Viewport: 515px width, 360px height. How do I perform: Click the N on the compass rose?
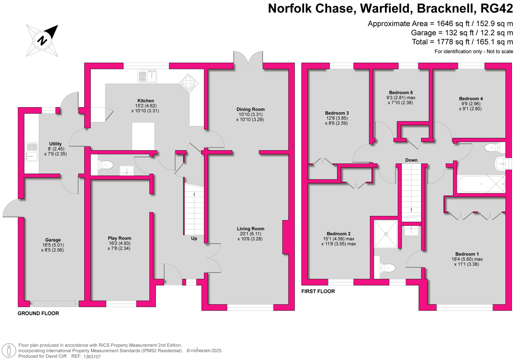point(42,41)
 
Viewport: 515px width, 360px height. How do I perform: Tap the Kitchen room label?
point(145,101)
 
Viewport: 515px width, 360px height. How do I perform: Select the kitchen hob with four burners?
point(189,82)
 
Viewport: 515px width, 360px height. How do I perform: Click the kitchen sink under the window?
point(147,76)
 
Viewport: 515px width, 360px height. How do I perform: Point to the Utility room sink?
point(32,152)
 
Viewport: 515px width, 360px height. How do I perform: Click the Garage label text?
point(53,240)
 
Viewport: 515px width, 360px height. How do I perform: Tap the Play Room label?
point(119,238)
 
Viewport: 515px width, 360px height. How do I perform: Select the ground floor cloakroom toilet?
point(106,165)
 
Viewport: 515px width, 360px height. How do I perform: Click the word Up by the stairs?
point(194,239)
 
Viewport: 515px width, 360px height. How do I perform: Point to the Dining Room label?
point(250,109)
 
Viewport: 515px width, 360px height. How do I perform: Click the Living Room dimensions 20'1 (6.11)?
point(250,234)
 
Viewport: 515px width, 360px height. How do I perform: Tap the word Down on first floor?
point(411,160)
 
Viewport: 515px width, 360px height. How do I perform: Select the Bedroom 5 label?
point(401,93)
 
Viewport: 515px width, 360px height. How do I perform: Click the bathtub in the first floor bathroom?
point(481,184)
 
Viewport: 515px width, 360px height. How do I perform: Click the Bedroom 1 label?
point(467,254)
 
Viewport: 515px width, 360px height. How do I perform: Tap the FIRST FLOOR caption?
point(318,291)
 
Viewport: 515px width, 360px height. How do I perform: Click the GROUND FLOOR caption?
point(38,313)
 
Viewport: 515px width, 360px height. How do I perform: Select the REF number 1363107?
point(92,356)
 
